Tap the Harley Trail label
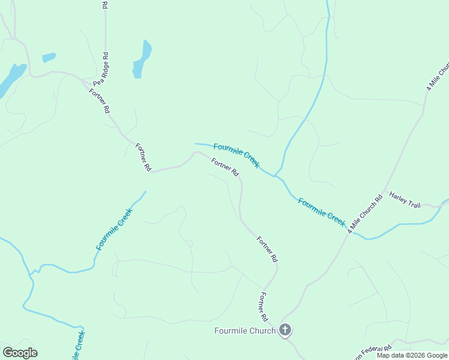[405, 200]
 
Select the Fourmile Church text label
[245, 331]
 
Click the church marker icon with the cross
[285, 330]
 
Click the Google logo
[20, 353]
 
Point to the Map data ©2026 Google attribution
[412, 355]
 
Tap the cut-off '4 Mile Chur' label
[438, 76]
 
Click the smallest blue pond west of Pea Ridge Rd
[49, 58]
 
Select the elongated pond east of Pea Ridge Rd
[142, 59]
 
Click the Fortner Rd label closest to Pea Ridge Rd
[100, 101]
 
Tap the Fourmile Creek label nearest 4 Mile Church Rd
[321, 212]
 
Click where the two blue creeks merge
[276, 176]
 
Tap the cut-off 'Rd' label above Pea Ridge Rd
[105, 5]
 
